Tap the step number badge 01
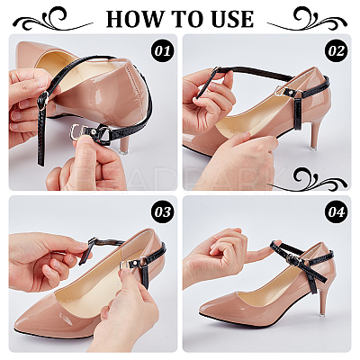tap(163, 50)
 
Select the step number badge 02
tap(337, 50)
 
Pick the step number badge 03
tap(163, 212)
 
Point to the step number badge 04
tap(337, 212)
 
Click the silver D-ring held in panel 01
tap(76, 132)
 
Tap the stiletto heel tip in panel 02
tap(313, 148)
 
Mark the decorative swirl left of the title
tap(53, 19)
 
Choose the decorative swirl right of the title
tap(307, 19)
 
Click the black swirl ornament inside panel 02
tap(318, 179)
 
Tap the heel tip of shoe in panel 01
tap(123, 151)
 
